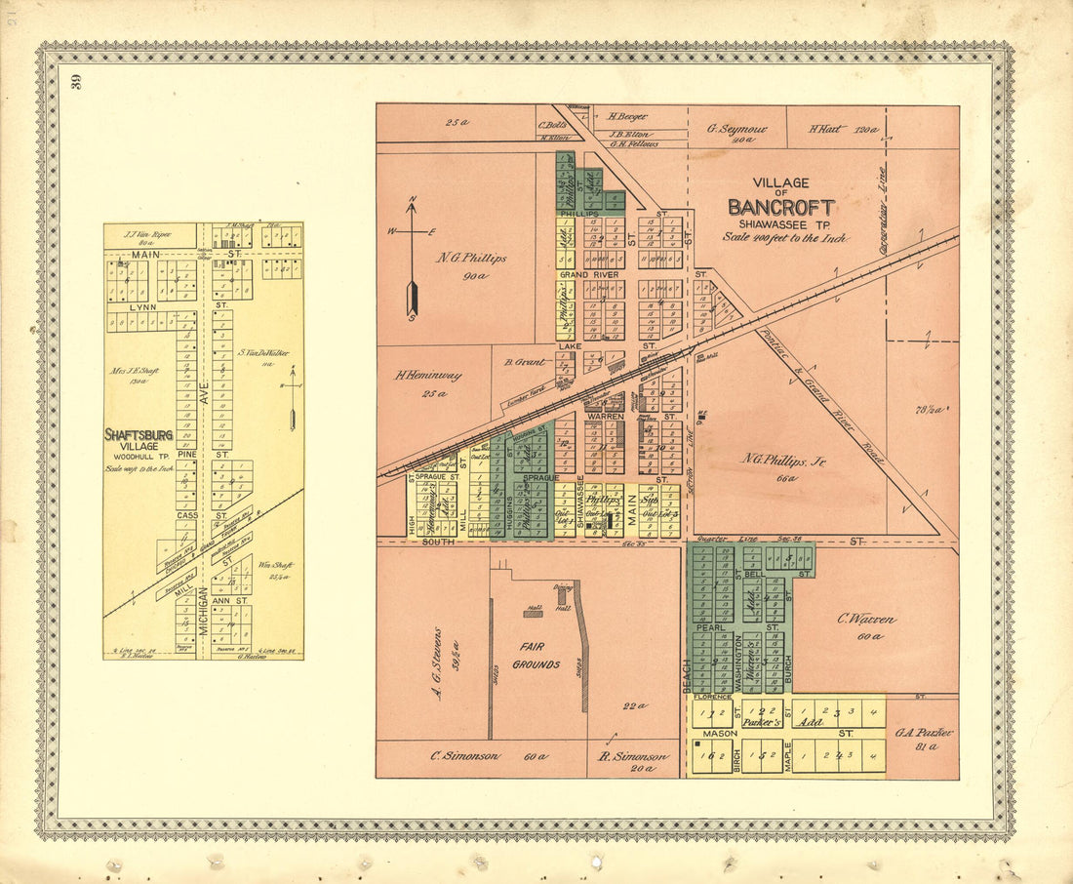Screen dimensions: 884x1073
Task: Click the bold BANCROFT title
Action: [780, 208]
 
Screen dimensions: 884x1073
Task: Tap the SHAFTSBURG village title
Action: [139, 435]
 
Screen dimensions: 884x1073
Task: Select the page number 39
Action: [77, 82]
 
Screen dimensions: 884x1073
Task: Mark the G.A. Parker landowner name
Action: [922, 732]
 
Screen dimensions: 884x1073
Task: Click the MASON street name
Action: [720, 733]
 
